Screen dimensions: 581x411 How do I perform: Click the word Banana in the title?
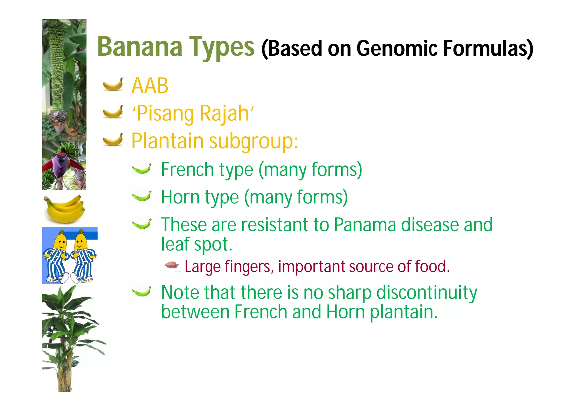point(140,47)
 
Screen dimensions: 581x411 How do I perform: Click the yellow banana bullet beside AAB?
point(113,84)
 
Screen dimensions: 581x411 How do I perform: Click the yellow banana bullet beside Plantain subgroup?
point(113,139)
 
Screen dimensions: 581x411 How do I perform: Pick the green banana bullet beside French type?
point(142,168)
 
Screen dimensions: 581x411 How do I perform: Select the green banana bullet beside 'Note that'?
point(142,291)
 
